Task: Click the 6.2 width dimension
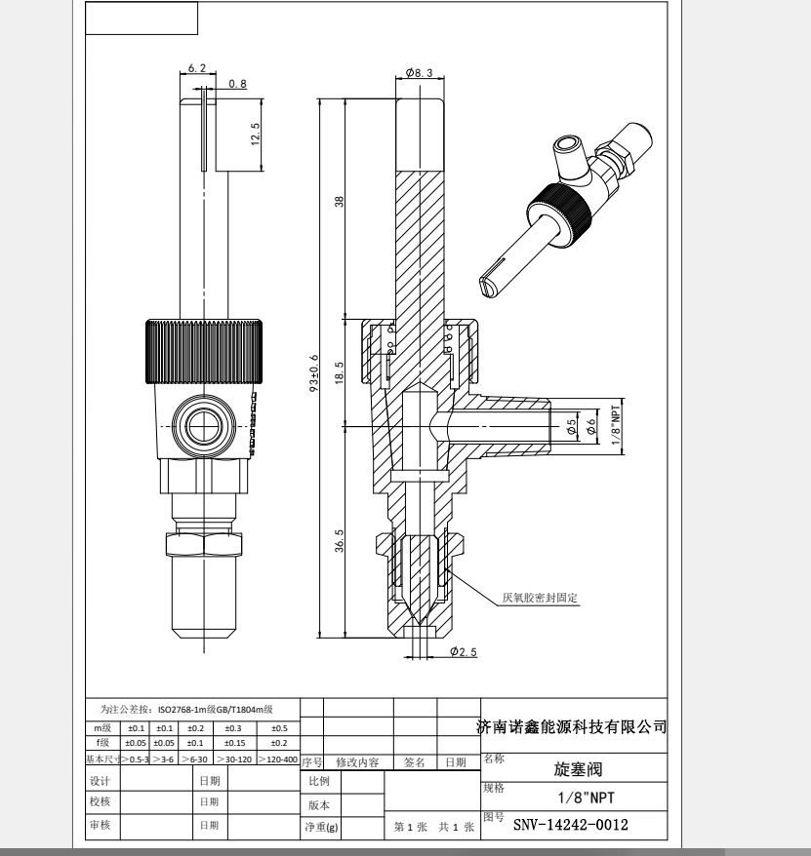(196, 68)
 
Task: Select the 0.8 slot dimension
(237, 84)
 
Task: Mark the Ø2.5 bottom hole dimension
(463, 652)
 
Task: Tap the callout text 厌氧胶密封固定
(541, 597)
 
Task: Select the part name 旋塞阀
(575, 767)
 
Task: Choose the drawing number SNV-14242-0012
(570, 826)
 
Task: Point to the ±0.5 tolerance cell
(279, 728)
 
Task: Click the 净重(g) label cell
(320, 827)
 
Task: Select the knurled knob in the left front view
(205, 350)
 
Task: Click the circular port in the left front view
(204, 426)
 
